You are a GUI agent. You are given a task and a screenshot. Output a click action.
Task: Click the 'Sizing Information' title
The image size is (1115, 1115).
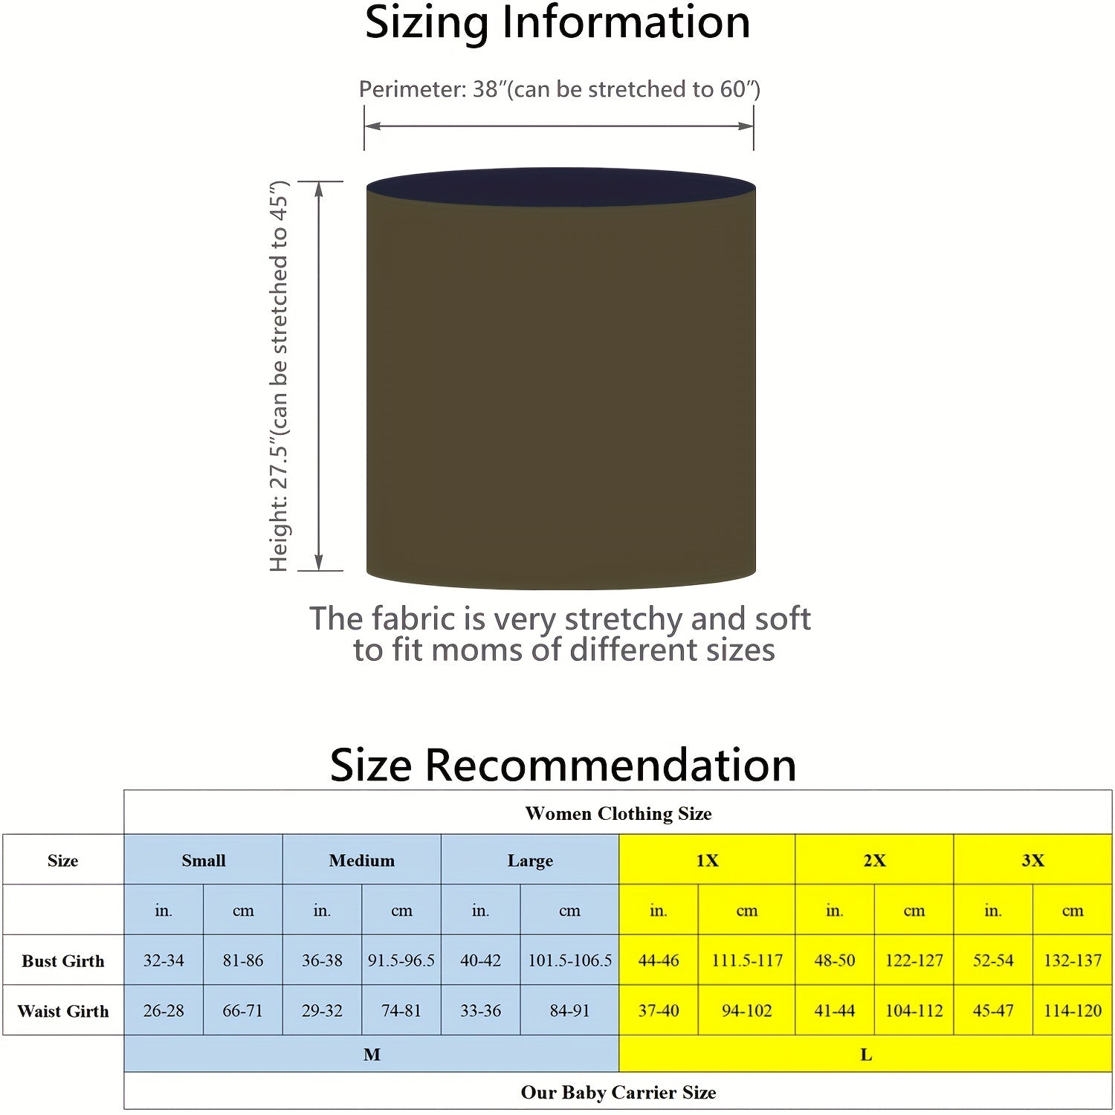coord(557,23)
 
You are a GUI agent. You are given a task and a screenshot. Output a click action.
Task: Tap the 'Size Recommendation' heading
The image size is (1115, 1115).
coord(563,765)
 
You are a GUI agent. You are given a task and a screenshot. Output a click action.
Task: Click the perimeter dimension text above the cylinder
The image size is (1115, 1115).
coord(559,89)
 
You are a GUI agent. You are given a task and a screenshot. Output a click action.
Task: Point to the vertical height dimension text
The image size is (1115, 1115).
coord(279,375)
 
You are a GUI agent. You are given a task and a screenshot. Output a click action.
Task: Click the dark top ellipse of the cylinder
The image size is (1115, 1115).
coord(561,186)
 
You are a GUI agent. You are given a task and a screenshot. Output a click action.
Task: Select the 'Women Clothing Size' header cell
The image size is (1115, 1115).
coord(618,813)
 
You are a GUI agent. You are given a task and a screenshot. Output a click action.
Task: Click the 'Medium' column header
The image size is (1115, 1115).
coord(361,860)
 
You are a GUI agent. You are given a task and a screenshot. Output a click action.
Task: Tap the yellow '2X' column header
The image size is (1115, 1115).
coord(874,860)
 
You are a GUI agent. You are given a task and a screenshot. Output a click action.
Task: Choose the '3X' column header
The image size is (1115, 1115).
coord(1032,860)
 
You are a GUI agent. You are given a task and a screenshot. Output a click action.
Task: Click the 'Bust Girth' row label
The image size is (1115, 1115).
coord(63,960)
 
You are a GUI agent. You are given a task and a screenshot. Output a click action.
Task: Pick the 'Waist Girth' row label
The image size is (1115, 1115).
coord(63,1011)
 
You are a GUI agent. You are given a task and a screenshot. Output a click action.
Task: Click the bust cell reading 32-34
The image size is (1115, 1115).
coord(164,960)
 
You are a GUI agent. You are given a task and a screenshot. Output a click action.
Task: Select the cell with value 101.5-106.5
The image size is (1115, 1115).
coord(569,960)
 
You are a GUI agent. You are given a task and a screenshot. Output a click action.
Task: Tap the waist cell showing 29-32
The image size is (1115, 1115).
coord(322,1011)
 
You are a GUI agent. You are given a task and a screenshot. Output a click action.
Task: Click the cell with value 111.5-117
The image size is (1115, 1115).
coord(747,960)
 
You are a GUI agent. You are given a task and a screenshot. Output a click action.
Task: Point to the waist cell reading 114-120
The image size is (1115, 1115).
coord(1072,1011)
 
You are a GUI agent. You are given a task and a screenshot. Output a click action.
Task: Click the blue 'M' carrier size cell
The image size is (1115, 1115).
coord(372,1054)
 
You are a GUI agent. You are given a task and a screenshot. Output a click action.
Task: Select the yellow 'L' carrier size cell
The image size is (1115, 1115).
coord(865,1054)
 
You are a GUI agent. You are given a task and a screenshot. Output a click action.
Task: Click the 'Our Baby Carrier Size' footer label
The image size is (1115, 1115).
coord(618,1092)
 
